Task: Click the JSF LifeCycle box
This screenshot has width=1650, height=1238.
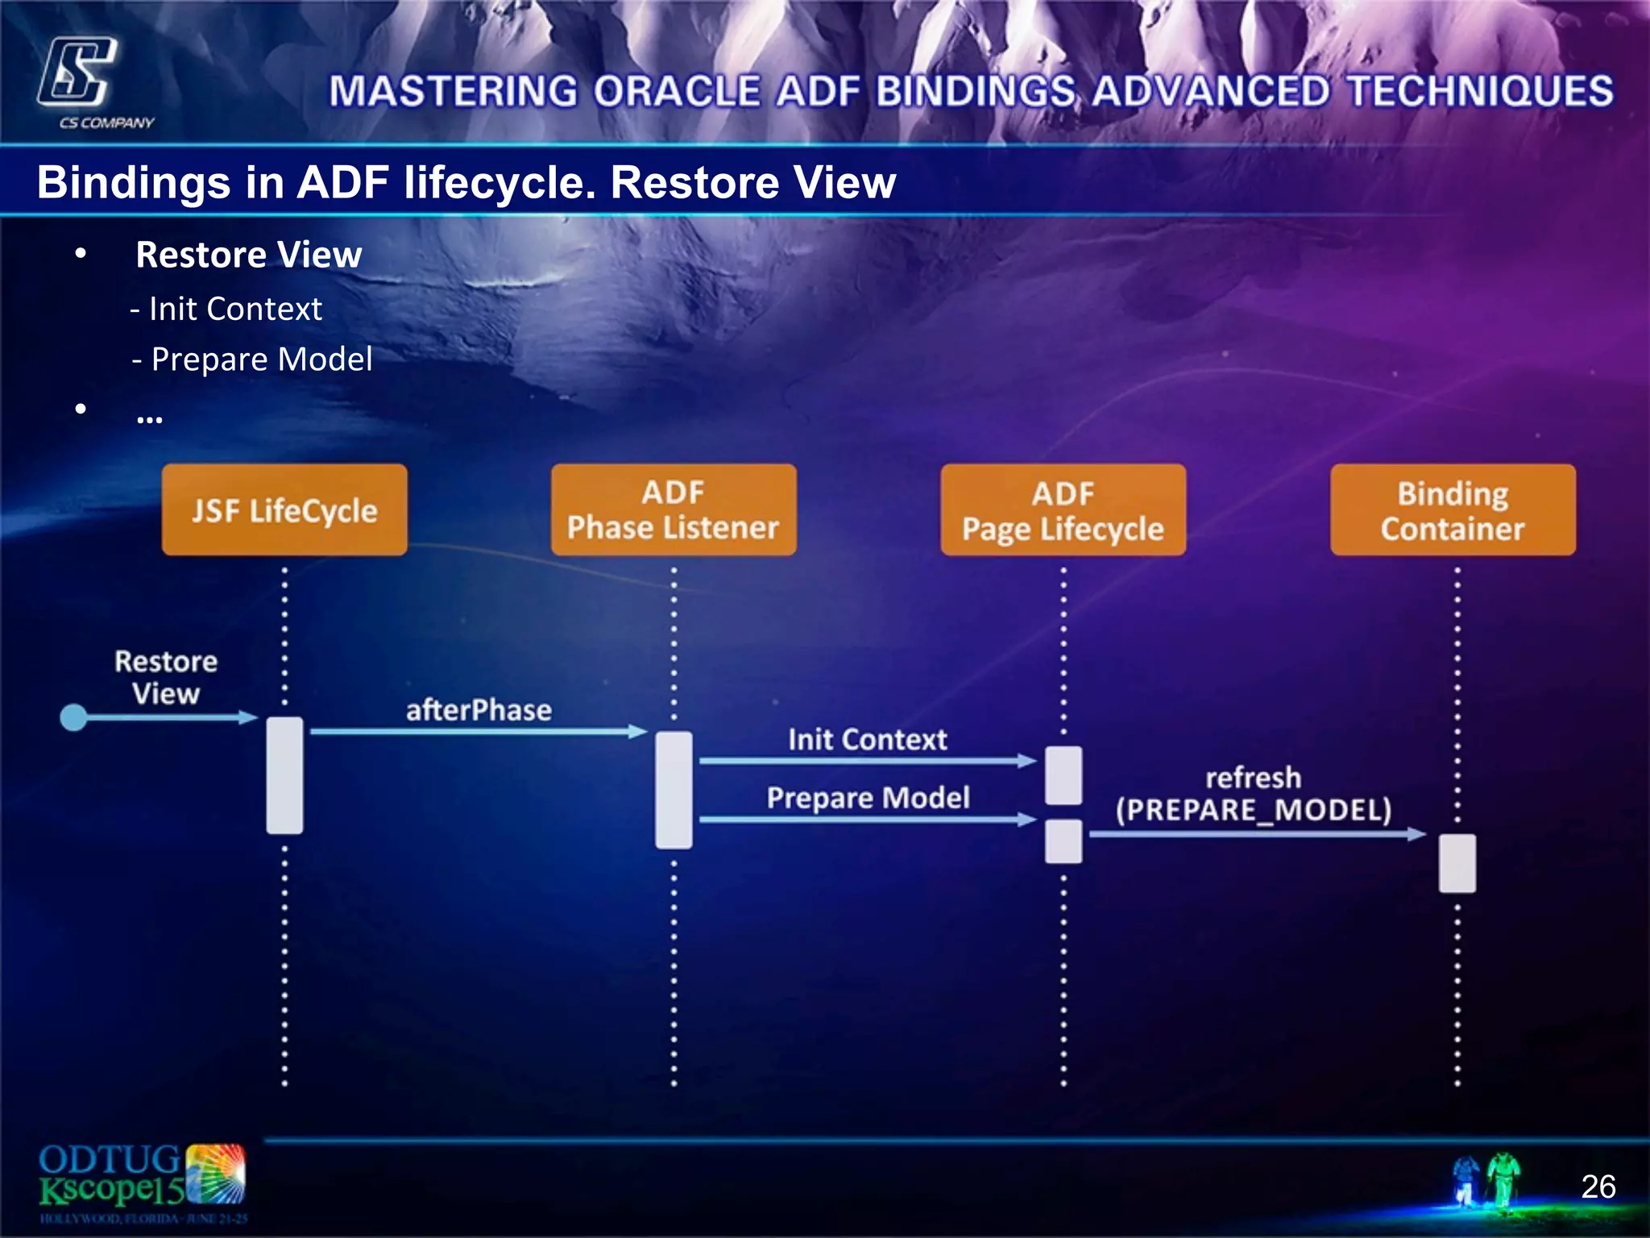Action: point(284,510)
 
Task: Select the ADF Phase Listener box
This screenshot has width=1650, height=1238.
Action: point(674,510)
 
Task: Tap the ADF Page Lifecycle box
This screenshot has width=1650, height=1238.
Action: point(1063,510)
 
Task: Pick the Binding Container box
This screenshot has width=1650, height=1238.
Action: point(1453,510)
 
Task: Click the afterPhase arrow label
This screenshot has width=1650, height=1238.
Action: point(479,710)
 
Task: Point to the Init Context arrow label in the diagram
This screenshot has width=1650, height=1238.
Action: point(867,739)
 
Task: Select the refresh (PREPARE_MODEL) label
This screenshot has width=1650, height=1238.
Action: point(1254,794)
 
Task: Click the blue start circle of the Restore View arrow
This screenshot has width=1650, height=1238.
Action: point(74,717)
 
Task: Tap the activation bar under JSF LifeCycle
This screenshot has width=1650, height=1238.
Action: point(284,775)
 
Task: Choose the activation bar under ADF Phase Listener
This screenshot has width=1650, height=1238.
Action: point(674,790)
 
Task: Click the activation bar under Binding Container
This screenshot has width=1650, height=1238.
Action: point(1457,863)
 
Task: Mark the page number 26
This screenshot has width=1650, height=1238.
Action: point(1598,1186)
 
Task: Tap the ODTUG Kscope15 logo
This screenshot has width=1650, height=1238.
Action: point(142,1182)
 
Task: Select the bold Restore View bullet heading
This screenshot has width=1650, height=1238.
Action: point(249,255)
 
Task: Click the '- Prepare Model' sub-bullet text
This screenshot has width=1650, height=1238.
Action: point(253,359)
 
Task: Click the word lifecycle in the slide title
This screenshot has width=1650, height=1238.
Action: point(500,182)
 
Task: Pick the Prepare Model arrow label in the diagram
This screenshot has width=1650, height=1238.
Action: point(868,797)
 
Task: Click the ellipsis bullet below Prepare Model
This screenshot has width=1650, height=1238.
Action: point(150,416)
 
